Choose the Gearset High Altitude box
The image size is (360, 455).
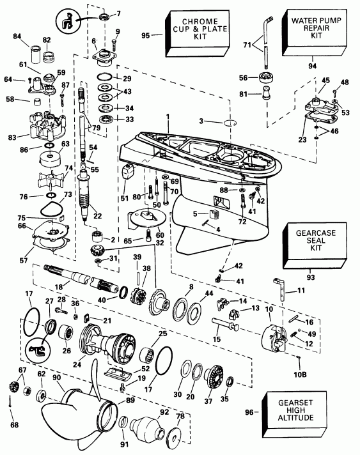pos(316,412)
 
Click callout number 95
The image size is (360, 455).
pos(145,36)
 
